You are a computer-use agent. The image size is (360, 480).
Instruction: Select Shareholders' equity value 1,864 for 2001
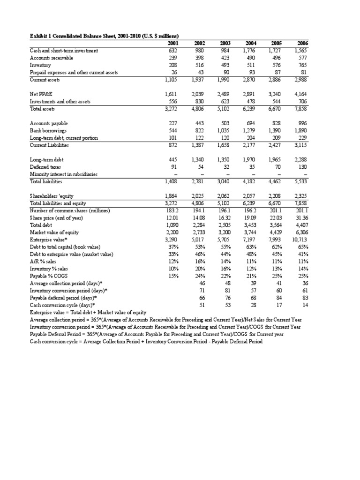click(x=172, y=195)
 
